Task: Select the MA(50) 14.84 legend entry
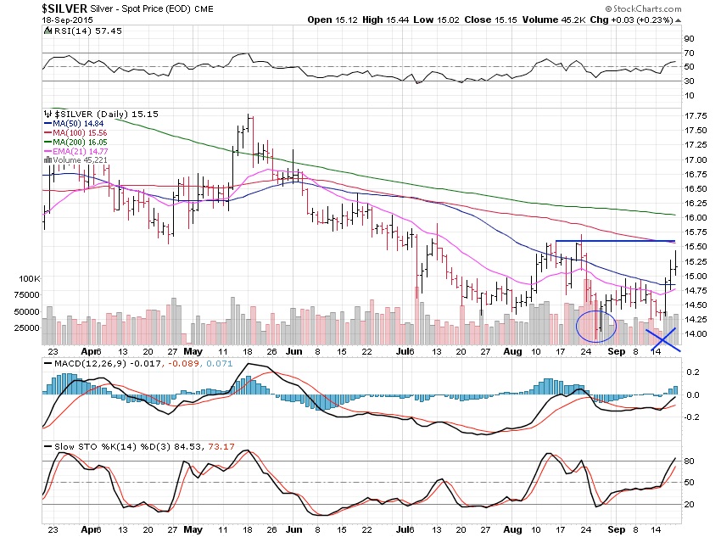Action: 73,122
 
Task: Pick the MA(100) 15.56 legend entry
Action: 75,131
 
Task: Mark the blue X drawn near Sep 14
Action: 662,338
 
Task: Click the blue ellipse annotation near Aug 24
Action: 595,325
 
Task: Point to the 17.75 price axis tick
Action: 696,116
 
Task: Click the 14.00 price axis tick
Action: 696,334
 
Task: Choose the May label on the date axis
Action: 193,350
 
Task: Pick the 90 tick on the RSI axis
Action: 690,39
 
